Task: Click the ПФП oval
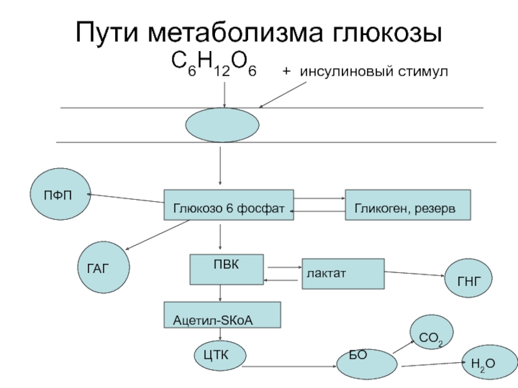click(60, 194)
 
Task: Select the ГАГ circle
click(104, 267)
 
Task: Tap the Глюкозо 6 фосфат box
click(229, 205)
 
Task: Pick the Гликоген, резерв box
click(408, 205)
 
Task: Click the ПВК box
click(227, 269)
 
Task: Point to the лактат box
click(343, 274)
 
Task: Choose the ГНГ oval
click(468, 278)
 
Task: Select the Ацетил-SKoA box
click(222, 315)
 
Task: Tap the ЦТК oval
click(220, 356)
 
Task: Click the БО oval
click(367, 364)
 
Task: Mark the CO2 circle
click(431, 332)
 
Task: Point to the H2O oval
click(490, 362)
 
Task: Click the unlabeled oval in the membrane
click(222, 125)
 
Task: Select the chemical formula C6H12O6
click(214, 64)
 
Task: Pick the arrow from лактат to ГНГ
click(414, 274)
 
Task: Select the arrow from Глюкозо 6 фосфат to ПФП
click(126, 199)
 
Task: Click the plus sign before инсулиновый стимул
click(287, 71)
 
